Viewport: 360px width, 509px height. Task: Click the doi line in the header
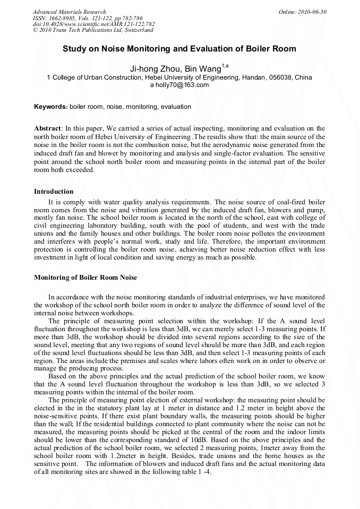[93, 24]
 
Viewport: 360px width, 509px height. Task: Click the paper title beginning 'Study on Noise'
[179, 49]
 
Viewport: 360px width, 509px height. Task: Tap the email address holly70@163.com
[182, 85]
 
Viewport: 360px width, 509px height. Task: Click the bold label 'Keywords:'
[51, 107]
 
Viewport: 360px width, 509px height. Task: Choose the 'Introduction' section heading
[54, 192]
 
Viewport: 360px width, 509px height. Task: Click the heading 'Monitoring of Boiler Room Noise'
[85, 277]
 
